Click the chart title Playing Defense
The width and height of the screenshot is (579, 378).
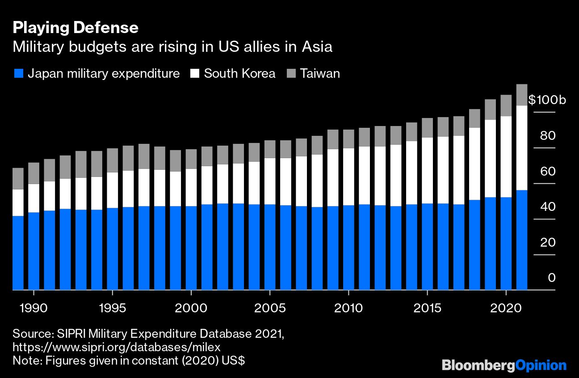(x=76, y=28)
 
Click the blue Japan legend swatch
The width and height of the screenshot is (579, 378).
(x=18, y=73)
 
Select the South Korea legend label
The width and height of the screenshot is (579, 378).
(x=239, y=73)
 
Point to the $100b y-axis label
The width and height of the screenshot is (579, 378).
(x=547, y=100)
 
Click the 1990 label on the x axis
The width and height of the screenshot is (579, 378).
(x=34, y=308)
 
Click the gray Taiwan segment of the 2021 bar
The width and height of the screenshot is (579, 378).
(x=522, y=95)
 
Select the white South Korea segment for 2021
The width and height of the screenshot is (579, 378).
(x=522, y=147)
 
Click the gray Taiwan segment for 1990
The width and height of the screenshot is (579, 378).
(x=34, y=173)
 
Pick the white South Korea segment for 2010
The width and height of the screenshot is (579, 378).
(x=348, y=176)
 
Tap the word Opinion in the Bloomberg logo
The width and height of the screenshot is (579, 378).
(x=540, y=365)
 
